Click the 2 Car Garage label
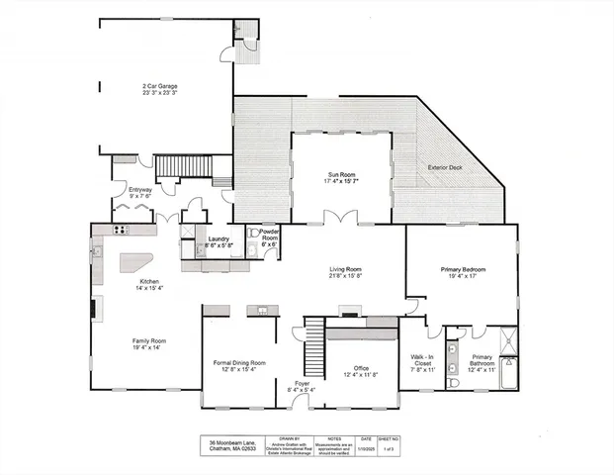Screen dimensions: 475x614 (x=158, y=89)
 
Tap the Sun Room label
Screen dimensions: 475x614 (x=341, y=175)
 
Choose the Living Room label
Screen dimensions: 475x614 (x=345, y=272)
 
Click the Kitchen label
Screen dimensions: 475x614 (x=149, y=284)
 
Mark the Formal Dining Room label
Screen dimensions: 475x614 (x=241, y=365)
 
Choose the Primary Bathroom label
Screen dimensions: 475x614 (x=482, y=362)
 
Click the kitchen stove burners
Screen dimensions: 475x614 (x=123, y=231)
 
